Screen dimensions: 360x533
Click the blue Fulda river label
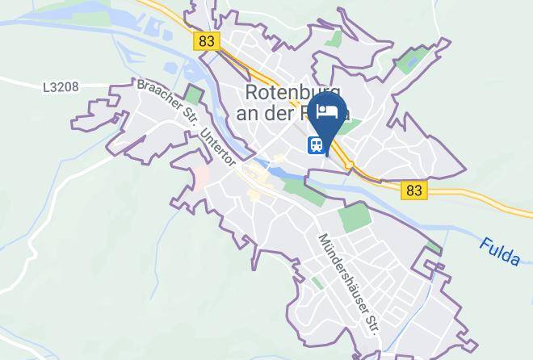498,251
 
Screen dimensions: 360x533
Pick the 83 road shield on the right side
414,190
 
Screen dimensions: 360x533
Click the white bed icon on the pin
327,111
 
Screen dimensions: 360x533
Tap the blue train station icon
315,145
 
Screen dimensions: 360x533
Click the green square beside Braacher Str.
194,94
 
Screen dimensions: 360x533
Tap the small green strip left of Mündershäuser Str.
317,283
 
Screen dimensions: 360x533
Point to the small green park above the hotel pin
332,39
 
